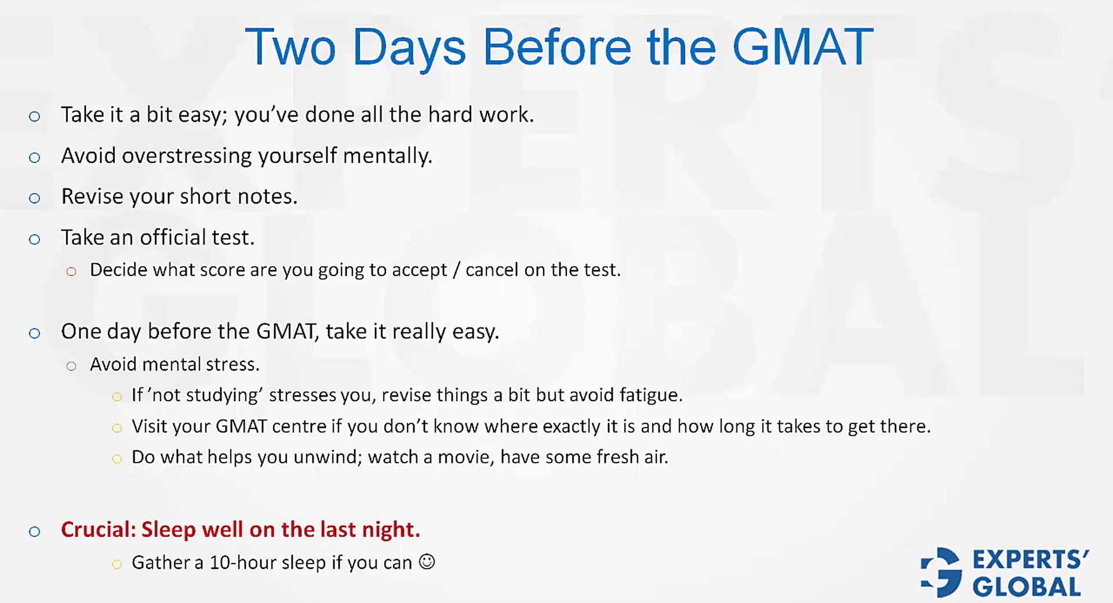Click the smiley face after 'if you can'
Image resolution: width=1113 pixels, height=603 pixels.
click(427, 562)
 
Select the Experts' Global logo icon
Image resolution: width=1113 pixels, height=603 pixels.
click(941, 572)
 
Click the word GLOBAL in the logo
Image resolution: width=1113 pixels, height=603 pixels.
click(1027, 587)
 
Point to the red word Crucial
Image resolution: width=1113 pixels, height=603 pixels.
click(98, 529)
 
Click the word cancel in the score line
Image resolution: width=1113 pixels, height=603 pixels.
click(492, 270)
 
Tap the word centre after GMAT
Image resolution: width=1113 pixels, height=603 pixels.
click(299, 426)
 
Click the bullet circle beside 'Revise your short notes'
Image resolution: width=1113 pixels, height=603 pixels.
click(35, 198)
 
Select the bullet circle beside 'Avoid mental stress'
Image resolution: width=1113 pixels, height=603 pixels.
click(71, 366)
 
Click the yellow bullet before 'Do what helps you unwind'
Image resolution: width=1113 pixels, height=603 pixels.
click(117, 459)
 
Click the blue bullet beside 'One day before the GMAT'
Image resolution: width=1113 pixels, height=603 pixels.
click(35, 333)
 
